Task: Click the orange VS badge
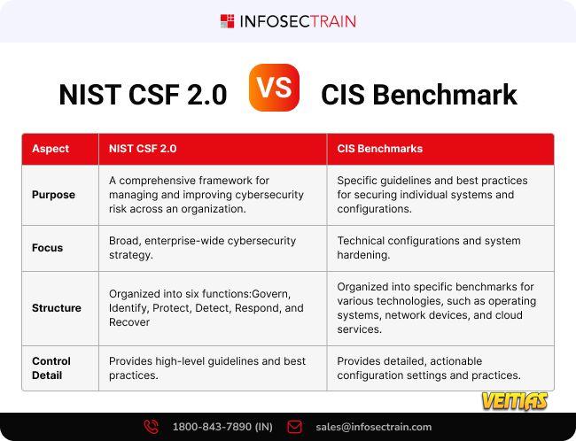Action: click(x=274, y=88)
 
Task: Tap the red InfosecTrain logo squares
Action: click(x=227, y=21)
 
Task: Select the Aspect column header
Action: click(x=51, y=149)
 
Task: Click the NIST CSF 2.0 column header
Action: click(x=143, y=149)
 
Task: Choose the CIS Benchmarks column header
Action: click(x=380, y=149)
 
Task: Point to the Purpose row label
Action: click(x=53, y=195)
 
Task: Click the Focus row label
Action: click(x=47, y=248)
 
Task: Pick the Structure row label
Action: click(x=57, y=308)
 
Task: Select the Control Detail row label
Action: click(x=51, y=368)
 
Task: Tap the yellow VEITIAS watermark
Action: click(x=515, y=400)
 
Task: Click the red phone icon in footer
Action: click(x=151, y=427)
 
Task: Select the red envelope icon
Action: click(x=294, y=427)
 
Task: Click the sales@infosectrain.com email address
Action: click(x=374, y=427)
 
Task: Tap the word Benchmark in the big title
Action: click(x=445, y=95)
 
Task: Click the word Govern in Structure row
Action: click(x=271, y=294)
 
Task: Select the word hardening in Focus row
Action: click(x=363, y=255)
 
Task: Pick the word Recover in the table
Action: click(x=129, y=322)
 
